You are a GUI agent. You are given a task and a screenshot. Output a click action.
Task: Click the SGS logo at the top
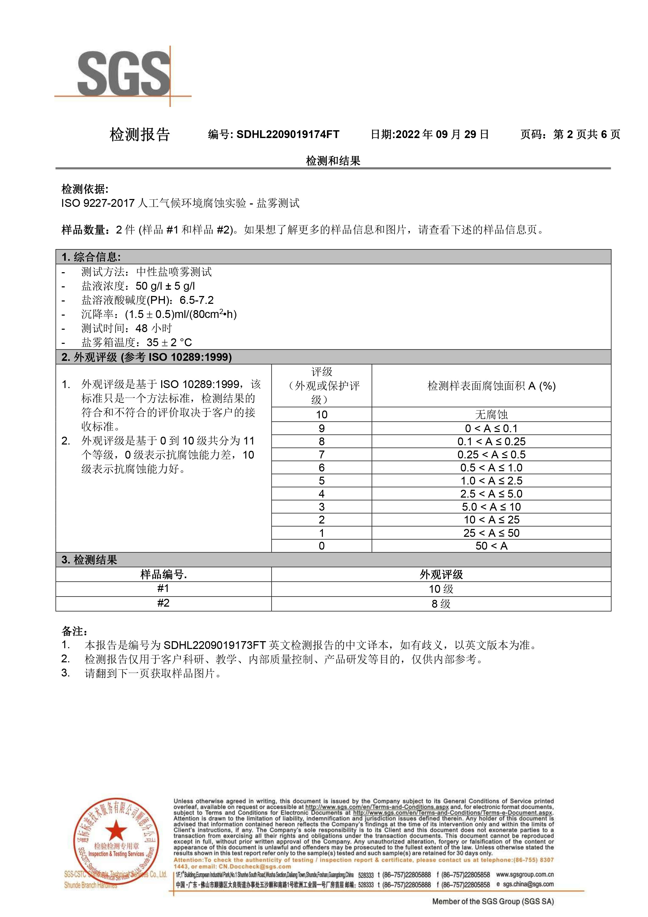click(124, 76)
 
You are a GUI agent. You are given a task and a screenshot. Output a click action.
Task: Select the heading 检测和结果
click(333, 161)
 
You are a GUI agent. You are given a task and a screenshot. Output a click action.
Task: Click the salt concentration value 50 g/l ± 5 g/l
click(165, 286)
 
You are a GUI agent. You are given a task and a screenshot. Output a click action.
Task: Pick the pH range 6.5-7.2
click(197, 300)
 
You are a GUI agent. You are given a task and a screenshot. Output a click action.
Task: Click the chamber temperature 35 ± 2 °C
click(169, 342)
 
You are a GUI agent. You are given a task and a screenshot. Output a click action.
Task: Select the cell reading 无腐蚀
click(491, 414)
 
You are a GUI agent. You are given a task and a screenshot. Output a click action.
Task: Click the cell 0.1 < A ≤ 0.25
click(491, 441)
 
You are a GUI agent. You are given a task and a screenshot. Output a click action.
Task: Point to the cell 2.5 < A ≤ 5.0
click(491, 494)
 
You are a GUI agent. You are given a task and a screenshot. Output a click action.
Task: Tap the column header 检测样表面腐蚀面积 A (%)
click(491, 386)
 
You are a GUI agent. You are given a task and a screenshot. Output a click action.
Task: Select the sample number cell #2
click(163, 603)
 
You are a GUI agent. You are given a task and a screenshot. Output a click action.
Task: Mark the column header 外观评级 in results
click(441, 574)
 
